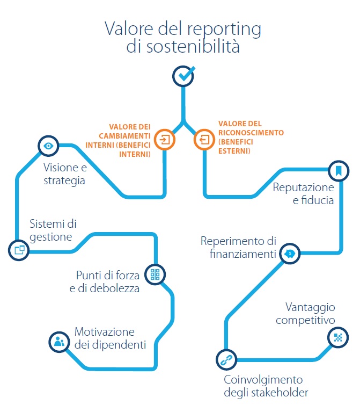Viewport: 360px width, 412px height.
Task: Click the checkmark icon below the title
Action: coord(183,76)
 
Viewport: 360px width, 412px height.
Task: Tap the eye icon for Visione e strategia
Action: coord(48,146)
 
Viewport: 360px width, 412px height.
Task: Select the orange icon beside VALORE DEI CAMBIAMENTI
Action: coord(165,140)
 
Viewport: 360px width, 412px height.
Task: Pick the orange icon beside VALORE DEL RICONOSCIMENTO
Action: coord(204,140)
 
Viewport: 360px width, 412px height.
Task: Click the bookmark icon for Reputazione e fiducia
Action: coord(339,171)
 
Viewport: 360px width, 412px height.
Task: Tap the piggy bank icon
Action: coord(290,254)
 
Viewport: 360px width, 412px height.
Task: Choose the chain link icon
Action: coord(226,360)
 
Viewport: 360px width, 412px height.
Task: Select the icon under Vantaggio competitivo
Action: coord(338,337)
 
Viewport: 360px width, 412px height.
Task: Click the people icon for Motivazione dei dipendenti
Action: coord(60,342)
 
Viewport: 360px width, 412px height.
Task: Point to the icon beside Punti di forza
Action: coord(155,274)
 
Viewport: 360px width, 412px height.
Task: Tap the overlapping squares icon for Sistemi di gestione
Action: coord(19,250)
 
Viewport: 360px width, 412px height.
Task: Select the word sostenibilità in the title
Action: coord(193,47)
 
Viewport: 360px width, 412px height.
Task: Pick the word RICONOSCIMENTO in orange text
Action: coord(251,133)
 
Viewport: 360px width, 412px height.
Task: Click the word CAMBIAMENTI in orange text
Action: coord(124,136)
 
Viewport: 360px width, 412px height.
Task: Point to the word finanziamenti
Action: coord(243,254)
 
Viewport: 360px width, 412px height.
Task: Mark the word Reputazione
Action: coord(303,188)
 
